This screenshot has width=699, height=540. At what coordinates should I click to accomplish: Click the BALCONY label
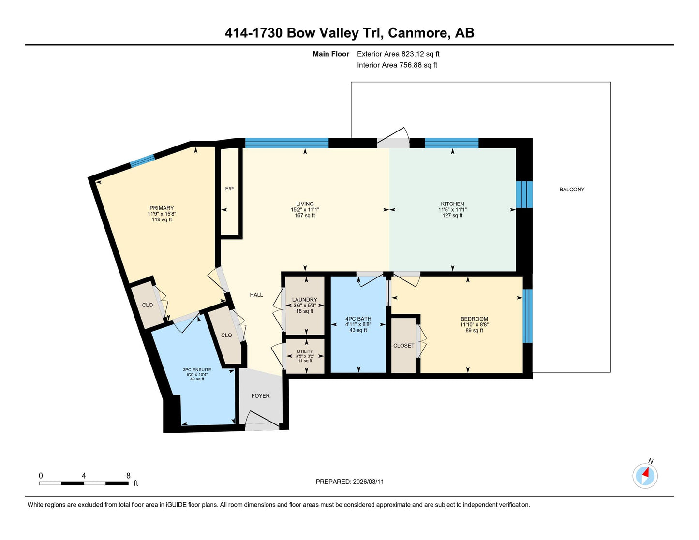572,190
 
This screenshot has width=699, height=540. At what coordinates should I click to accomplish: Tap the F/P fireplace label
229,189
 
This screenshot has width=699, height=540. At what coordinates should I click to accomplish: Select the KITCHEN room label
452,204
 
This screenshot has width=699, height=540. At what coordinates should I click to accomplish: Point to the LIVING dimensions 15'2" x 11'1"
305,210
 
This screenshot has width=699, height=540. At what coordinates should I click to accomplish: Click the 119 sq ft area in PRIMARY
162,219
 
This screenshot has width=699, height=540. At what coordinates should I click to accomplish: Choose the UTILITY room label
305,351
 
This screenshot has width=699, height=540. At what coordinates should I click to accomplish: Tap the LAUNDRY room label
304,300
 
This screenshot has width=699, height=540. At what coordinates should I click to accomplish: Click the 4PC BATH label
358,319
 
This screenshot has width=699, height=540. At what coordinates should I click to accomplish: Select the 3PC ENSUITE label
197,370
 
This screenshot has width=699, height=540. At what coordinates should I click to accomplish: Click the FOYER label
261,396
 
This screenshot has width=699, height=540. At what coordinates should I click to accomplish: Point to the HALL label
256,295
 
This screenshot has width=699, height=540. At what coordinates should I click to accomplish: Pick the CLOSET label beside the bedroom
404,346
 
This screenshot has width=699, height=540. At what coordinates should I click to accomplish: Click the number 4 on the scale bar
84,475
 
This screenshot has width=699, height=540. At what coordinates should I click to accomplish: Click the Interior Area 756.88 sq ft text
397,65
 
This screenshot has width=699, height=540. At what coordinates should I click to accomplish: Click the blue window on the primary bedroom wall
142,161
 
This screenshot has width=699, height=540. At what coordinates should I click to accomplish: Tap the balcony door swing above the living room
393,138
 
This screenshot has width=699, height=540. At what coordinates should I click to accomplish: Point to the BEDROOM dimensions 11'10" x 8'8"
474,325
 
